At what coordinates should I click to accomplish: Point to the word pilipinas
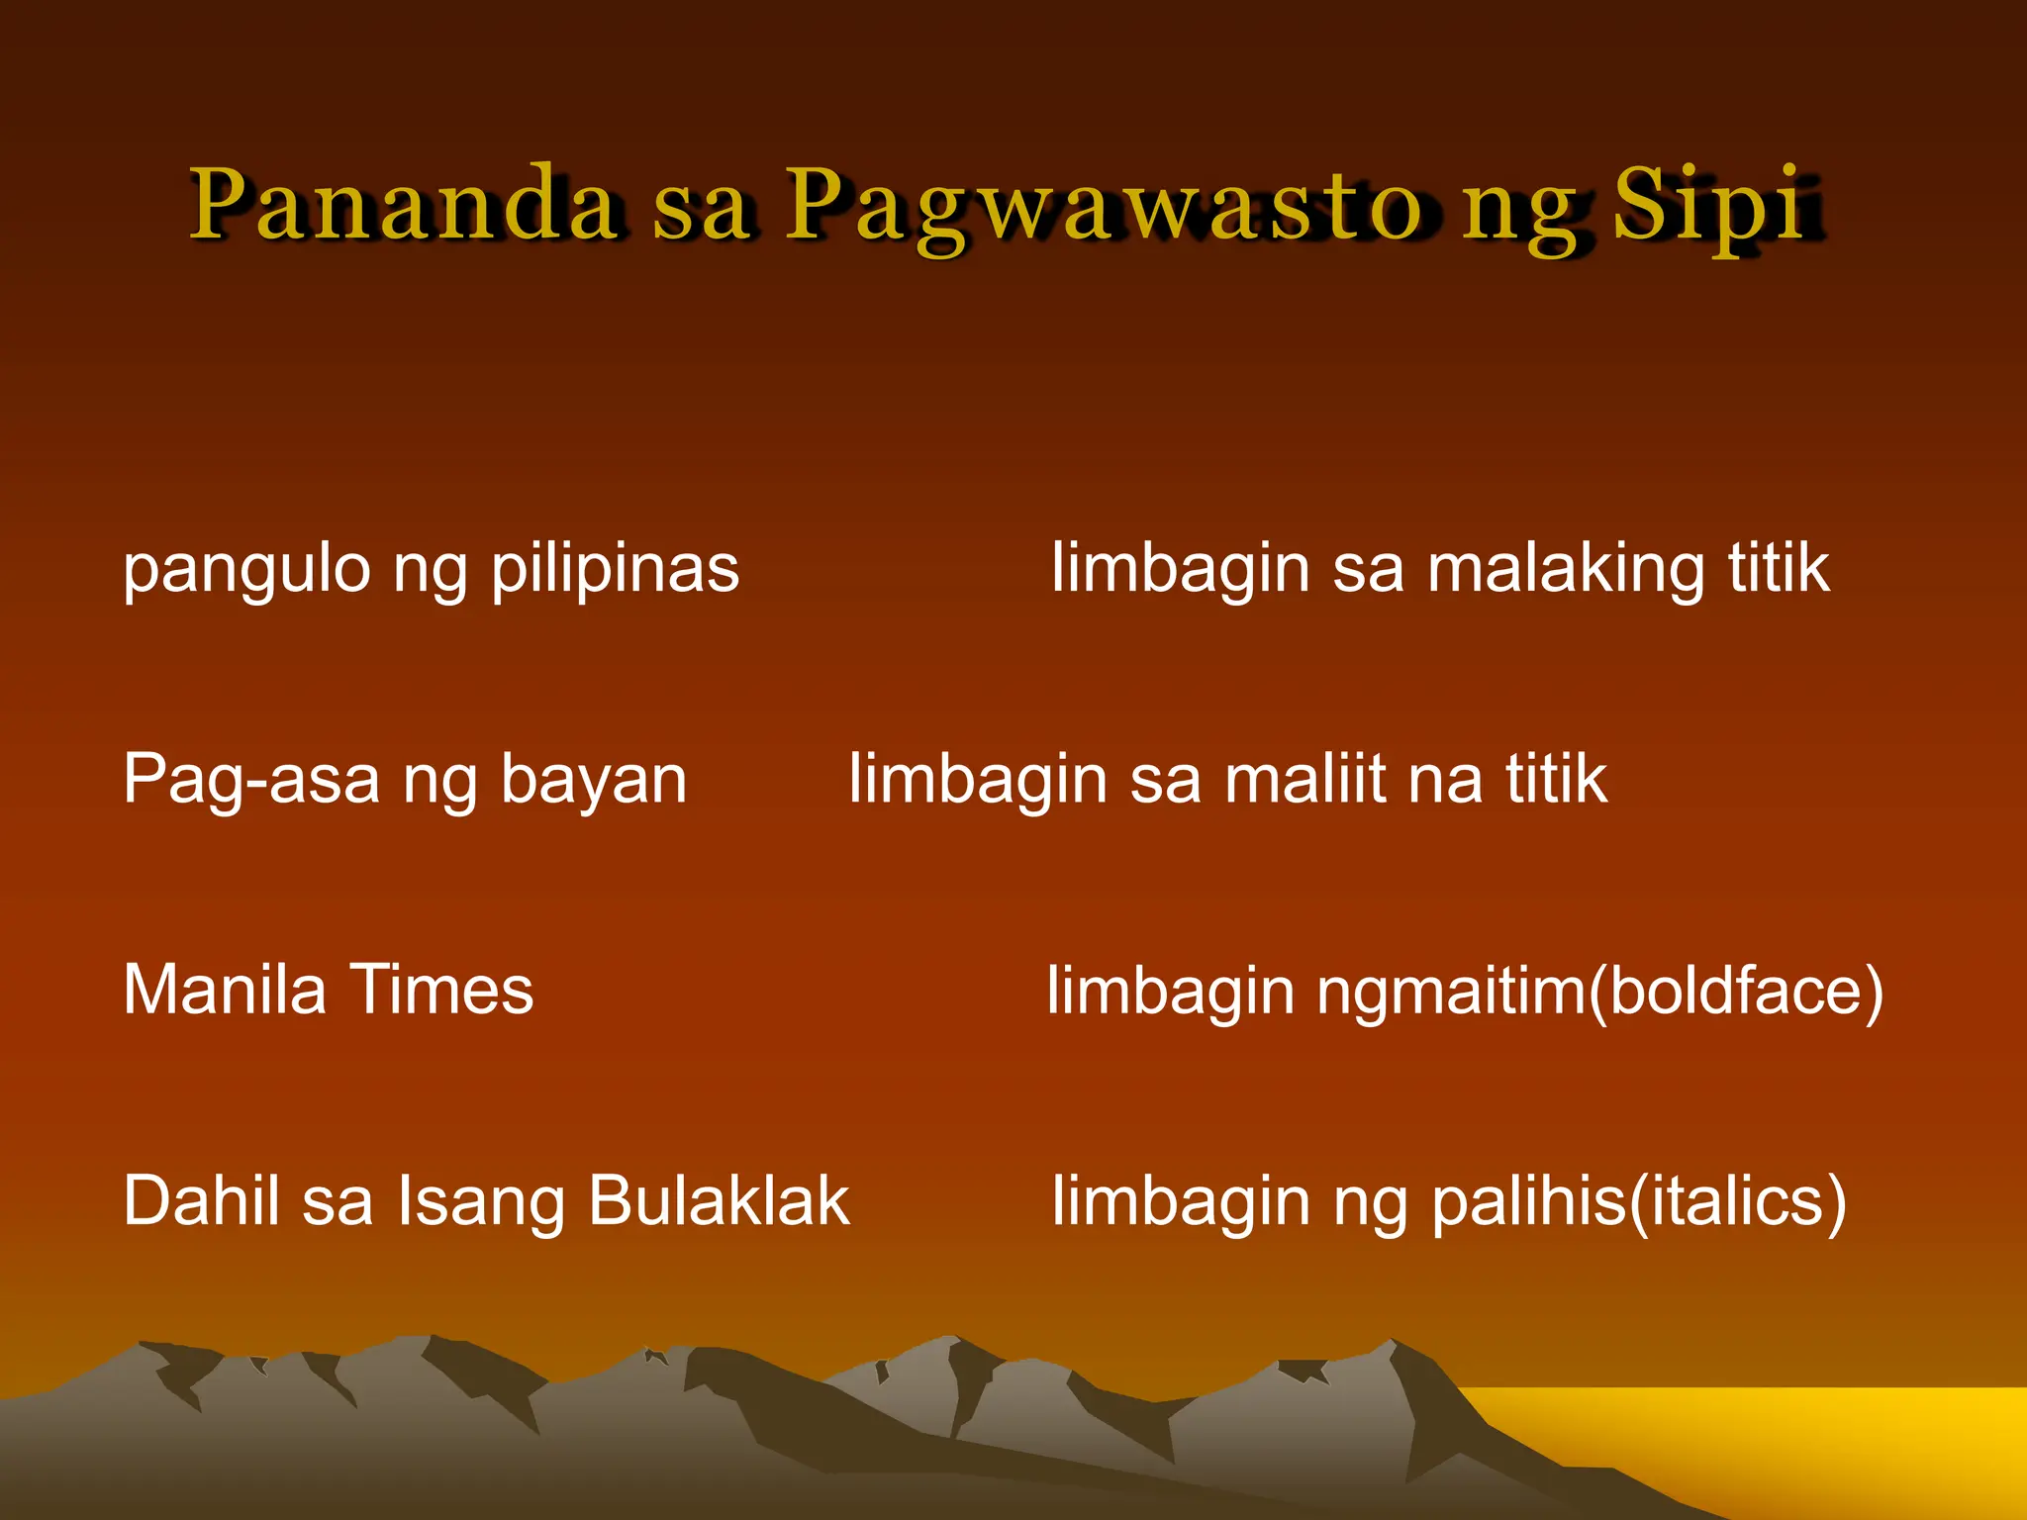click(x=616, y=572)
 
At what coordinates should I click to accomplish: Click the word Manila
click(x=225, y=991)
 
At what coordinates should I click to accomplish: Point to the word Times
click(x=441, y=991)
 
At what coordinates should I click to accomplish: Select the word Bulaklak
click(x=719, y=1201)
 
